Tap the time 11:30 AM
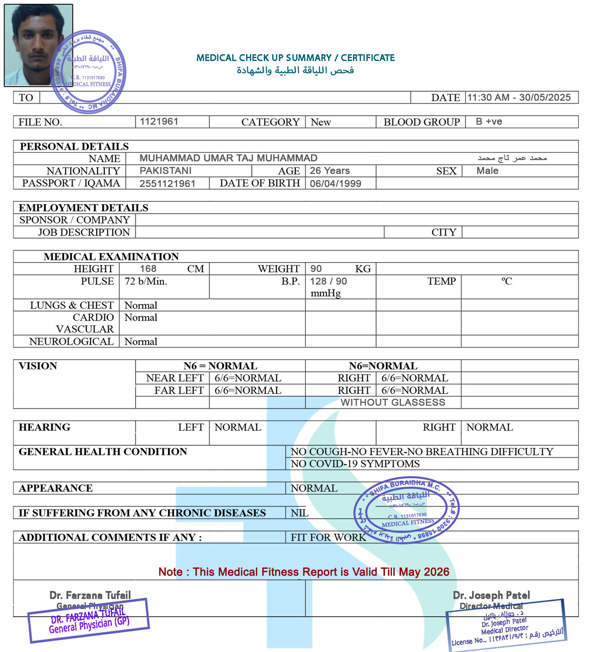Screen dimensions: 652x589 (488, 98)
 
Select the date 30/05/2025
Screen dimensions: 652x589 (545, 98)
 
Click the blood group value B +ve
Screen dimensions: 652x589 (489, 122)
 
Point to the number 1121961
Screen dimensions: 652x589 (159, 122)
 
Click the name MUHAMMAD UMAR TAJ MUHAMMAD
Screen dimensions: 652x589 (228, 158)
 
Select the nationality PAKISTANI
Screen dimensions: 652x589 (165, 171)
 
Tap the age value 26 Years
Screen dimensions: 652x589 (330, 171)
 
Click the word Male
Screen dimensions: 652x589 (487, 171)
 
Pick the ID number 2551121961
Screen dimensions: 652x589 (167, 184)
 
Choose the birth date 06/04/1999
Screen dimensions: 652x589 (335, 184)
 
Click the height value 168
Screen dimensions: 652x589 (148, 269)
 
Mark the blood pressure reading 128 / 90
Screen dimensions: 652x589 (329, 281)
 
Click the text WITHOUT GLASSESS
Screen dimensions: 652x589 (393, 403)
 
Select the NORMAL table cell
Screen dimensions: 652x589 (314, 488)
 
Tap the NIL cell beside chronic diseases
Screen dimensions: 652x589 (300, 513)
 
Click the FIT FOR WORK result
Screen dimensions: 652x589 (328, 538)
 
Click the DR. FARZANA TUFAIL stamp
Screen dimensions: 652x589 (88, 620)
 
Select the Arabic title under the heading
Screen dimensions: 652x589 (295, 70)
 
